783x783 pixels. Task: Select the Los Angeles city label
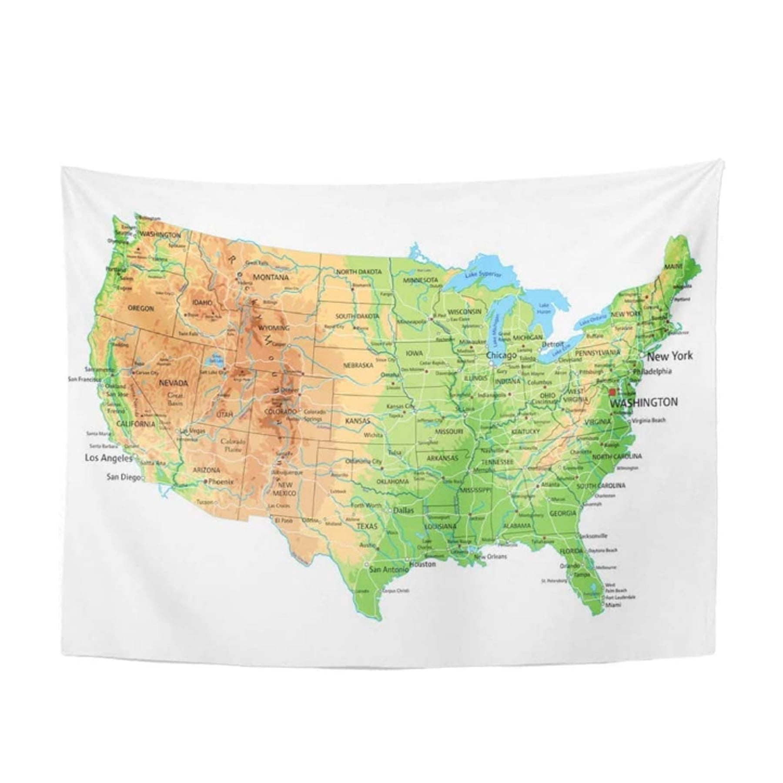tap(108, 458)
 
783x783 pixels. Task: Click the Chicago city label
tap(502, 355)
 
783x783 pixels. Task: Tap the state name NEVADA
tap(174, 383)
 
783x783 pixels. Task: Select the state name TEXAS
tap(368, 526)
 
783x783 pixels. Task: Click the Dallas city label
tap(403, 511)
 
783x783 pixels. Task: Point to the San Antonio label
tap(389, 569)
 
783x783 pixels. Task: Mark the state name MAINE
tap(673, 266)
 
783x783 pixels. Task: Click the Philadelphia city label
tap(652, 371)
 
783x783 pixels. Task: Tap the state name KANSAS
tap(357, 421)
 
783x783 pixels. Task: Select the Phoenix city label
tap(221, 482)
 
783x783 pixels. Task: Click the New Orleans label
tap(491, 556)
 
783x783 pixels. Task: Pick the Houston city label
tap(422, 564)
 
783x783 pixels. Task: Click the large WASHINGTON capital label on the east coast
tap(644, 403)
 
